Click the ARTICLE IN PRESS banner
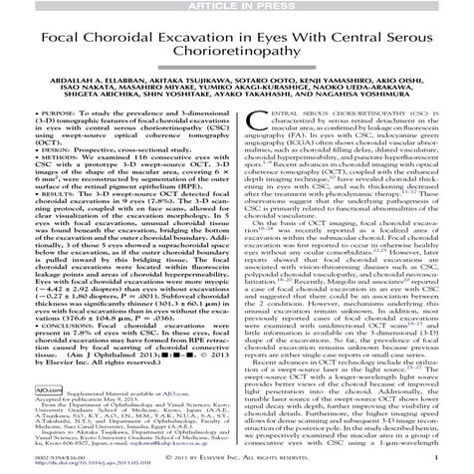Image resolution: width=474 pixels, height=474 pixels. coord(236,7)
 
